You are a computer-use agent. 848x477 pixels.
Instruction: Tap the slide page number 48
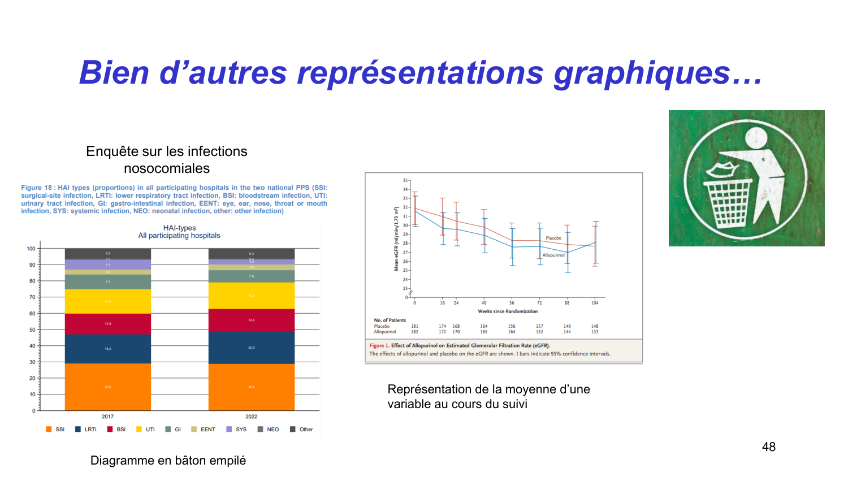pyautogui.click(x=768, y=447)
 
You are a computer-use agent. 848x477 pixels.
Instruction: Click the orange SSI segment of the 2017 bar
pyautogui.click(x=107, y=387)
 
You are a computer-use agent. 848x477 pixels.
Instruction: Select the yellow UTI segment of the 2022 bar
pyautogui.click(x=252, y=296)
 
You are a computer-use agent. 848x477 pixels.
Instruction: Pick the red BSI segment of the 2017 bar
pyautogui.click(x=107, y=324)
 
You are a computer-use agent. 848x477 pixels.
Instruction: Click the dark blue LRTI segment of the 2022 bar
pyautogui.click(x=252, y=348)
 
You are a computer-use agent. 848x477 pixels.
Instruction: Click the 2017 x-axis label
pyautogui.click(x=107, y=417)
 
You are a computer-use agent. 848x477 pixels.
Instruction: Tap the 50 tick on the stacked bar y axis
pyautogui.click(x=32, y=329)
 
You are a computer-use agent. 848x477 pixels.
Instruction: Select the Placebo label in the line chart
pyautogui.click(x=553, y=238)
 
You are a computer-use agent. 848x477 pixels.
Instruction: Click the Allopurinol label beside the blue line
pyautogui.click(x=553, y=255)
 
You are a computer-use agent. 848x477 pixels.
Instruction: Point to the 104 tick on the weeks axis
pyautogui.click(x=595, y=303)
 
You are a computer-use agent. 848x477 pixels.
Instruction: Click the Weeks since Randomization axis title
pyautogui.click(x=508, y=311)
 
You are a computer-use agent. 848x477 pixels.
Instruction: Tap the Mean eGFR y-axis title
pyautogui.click(x=396, y=238)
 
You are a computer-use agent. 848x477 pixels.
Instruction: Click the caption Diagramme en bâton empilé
pyautogui.click(x=168, y=461)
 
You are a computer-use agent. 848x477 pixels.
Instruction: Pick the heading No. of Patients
pyautogui.click(x=390, y=320)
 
